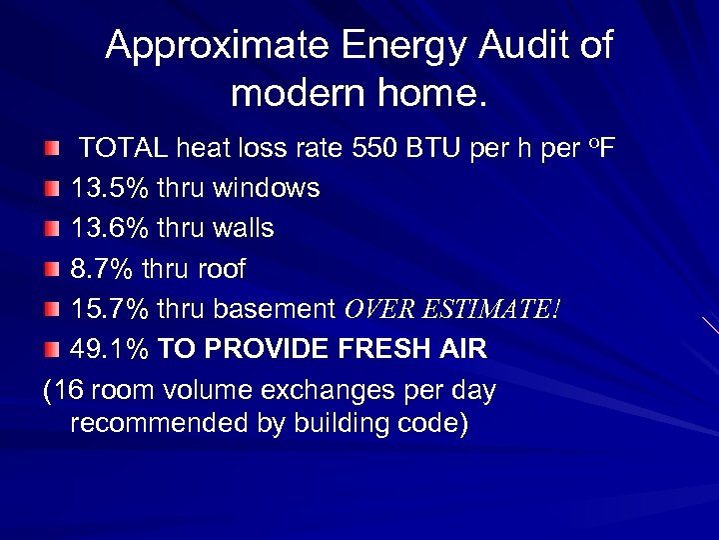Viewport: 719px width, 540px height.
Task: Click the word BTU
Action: coord(432,150)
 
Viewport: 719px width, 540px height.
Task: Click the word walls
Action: coord(244,229)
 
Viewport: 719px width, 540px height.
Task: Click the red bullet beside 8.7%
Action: coord(52,269)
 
